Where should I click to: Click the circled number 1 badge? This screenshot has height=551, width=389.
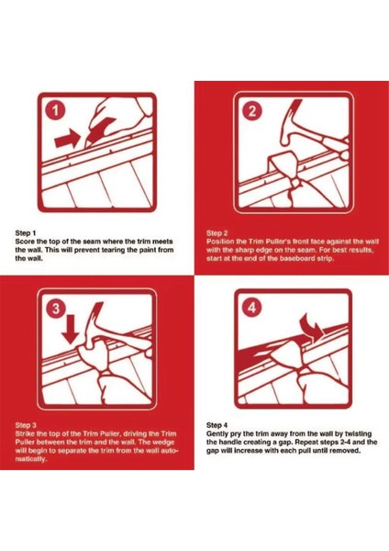click(x=55, y=111)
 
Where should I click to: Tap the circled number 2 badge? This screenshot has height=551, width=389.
click(x=252, y=111)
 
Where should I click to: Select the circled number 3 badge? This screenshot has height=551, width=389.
click(x=56, y=309)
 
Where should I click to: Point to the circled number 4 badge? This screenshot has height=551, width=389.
click(x=252, y=308)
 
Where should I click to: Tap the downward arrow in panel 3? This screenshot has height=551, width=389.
click(x=71, y=330)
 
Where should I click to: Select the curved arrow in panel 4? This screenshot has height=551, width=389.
click(x=313, y=329)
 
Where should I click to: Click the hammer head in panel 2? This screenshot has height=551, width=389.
click(x=292, y=123)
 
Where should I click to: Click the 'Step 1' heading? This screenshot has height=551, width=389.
click(x=26, y=233)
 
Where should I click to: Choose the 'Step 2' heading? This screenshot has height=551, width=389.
click(x=217, y=233)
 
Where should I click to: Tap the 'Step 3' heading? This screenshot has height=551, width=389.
click(x=26, y=425)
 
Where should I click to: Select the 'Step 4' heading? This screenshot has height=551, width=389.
click(x=217, y=425)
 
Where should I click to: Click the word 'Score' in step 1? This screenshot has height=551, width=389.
click(x=24, y=242)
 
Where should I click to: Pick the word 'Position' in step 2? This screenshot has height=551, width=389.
click(x=220, y=242)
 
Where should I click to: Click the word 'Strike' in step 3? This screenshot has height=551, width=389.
click(x=25, y=433)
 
